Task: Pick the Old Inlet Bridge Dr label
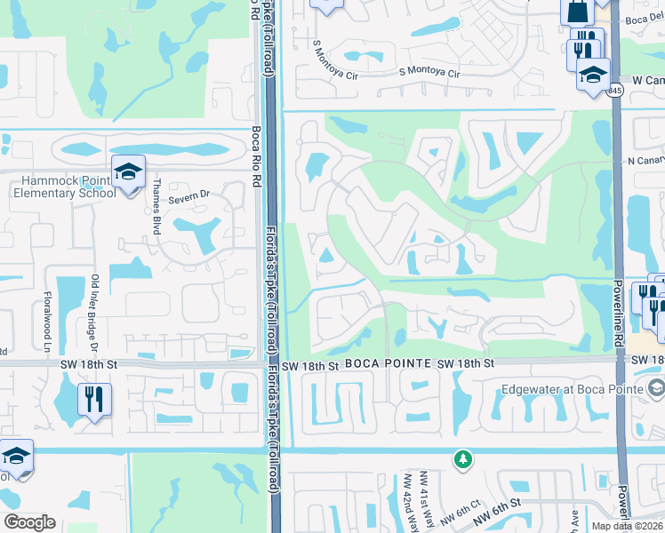tap(95, 307)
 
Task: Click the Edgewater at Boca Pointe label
tap(570, 387)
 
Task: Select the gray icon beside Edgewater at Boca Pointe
tap(656, 387)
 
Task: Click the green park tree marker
tap(462, 459)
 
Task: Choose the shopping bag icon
tap(576, 11)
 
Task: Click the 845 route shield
tap(615, 91)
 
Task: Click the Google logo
tap(29, 522)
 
